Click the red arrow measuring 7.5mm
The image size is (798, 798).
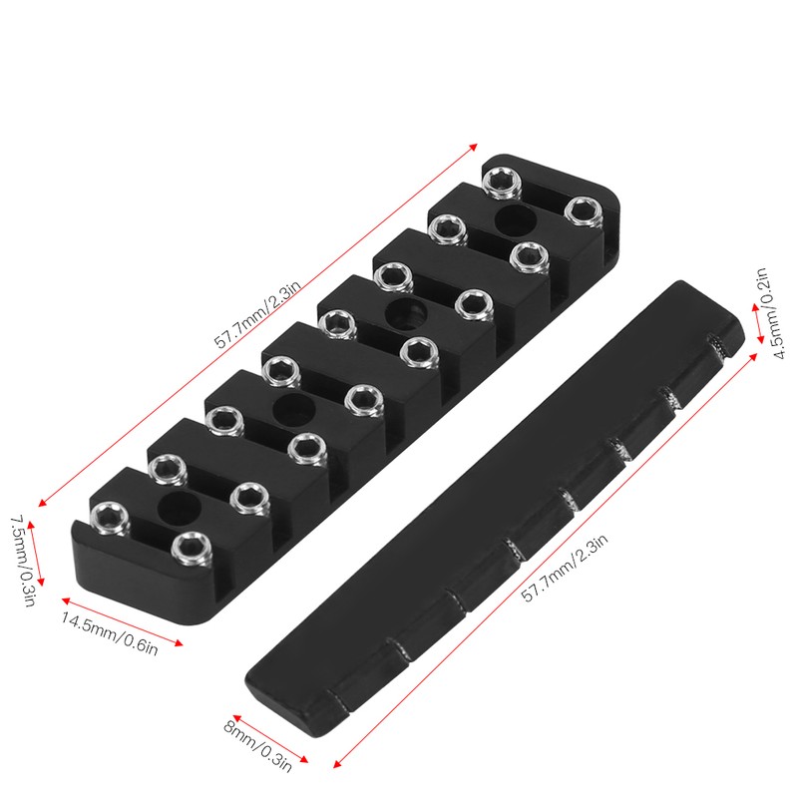38,555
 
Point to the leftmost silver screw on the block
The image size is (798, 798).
109,515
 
